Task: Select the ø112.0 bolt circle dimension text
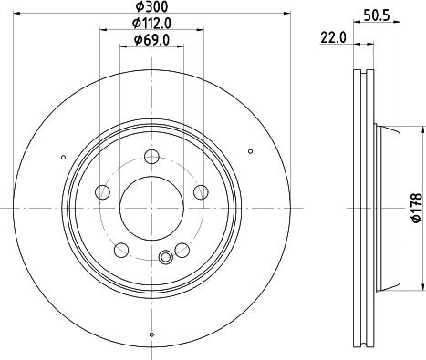(151, 23)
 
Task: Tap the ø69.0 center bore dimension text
(151, 39)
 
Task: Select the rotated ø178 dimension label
(415, 206)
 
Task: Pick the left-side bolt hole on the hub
(102, 191)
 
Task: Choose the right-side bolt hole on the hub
(200, 191)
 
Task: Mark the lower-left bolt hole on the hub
(120, 250)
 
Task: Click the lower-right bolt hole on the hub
(182, 250)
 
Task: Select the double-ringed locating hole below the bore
(165, 257)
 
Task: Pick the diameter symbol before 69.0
(136, 39)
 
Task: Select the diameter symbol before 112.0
(134, 23)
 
